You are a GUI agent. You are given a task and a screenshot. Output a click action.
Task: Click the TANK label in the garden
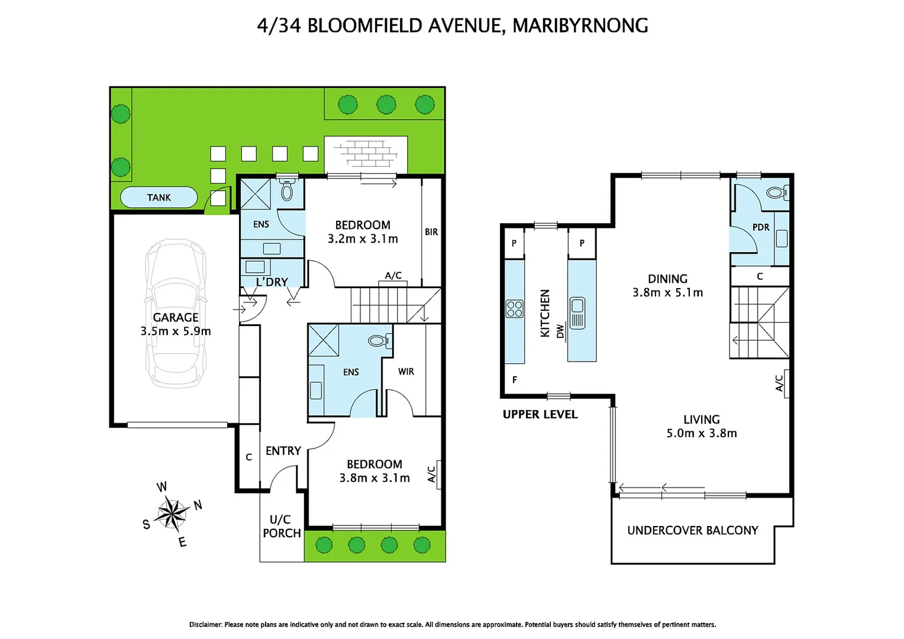(x=159, y=198)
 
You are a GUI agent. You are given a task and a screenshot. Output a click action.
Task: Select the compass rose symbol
(x=172, y=513)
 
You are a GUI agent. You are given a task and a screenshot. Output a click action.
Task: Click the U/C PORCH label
(x=282, y=527)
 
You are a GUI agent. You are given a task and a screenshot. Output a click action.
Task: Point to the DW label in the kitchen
(x=560, y=332)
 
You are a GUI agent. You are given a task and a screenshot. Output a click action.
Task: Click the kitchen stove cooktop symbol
(x=514, y=309)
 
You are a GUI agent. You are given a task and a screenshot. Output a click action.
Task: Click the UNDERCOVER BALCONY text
(x=692, y=531)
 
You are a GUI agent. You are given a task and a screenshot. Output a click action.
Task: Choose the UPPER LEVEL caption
(x=540, y=414)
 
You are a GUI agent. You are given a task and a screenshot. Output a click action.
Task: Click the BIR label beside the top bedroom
(x=431, y=232)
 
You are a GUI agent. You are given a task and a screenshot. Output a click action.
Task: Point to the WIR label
(x=406, y=372)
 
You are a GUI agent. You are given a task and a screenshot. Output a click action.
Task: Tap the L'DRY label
(x=272, y=282)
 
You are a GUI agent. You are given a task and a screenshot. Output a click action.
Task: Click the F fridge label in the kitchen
(x=515, y=380)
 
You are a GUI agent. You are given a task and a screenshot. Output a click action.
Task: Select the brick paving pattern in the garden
(x=366, y=153)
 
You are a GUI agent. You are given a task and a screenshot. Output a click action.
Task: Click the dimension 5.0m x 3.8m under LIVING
(x=702, y=433)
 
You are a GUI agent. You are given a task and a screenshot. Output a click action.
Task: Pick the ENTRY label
(x=283, y=451)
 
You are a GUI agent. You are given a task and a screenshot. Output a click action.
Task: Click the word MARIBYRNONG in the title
(x=580, y=25)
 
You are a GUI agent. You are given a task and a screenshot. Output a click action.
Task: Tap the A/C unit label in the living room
(x=780, y=383)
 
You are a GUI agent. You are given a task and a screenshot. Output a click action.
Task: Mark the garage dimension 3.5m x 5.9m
(x=176, y=331)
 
